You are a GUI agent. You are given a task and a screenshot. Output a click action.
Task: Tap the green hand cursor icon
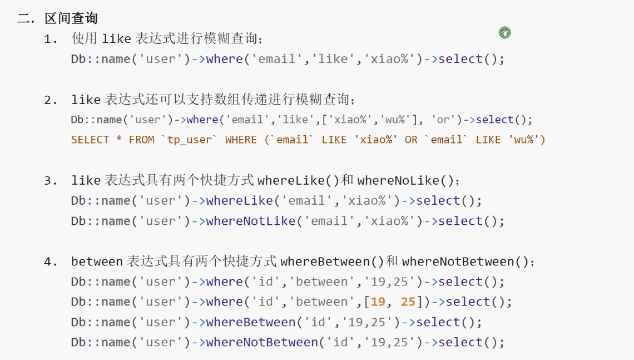coord(504,33)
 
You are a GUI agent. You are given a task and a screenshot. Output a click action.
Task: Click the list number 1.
coord(51,39)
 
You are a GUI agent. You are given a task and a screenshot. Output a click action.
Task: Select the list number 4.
coord(51,262)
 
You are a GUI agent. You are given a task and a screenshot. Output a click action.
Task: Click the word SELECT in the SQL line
coord(90,140)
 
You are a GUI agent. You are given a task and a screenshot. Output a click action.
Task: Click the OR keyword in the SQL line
coord(411,140)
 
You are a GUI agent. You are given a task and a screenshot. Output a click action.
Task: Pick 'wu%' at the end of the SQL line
coord(523,140)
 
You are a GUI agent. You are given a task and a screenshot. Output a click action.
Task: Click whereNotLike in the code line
coord(250,221)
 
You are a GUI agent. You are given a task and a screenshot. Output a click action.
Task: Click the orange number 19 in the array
coord(378,302)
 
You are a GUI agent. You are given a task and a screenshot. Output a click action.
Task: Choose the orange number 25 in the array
coord(408,302)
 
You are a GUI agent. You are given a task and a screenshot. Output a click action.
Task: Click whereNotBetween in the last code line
coord(261,342)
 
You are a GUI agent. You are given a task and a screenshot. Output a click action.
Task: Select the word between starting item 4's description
coord(97,262)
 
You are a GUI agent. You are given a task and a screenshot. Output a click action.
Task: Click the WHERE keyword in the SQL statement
coord(241,140)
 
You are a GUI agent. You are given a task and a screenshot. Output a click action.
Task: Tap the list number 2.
coord(51,100)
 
